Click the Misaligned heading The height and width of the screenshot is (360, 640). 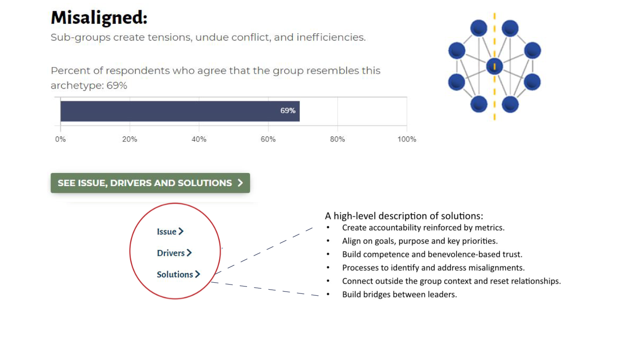(99, 18)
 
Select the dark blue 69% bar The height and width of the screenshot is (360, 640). (180, 111)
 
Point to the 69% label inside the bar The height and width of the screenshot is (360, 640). (288, 111)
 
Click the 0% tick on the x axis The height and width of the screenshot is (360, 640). (60, 139)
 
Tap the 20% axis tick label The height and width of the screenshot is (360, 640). (130, 139)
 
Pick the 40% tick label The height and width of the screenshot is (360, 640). (199, 139)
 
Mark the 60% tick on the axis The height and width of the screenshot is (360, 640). (268, 139)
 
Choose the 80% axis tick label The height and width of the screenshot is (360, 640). (337, 139)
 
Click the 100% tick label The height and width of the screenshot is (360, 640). (407, 139)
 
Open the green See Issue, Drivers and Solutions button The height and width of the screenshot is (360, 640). (150, 183)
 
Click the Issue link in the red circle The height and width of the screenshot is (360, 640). (170, 231)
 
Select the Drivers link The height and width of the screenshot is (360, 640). (174, 253)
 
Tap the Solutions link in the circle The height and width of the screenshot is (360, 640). (179, 274)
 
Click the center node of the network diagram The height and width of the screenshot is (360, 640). (495, 67)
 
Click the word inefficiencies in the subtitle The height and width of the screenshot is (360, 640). (331, 37)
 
